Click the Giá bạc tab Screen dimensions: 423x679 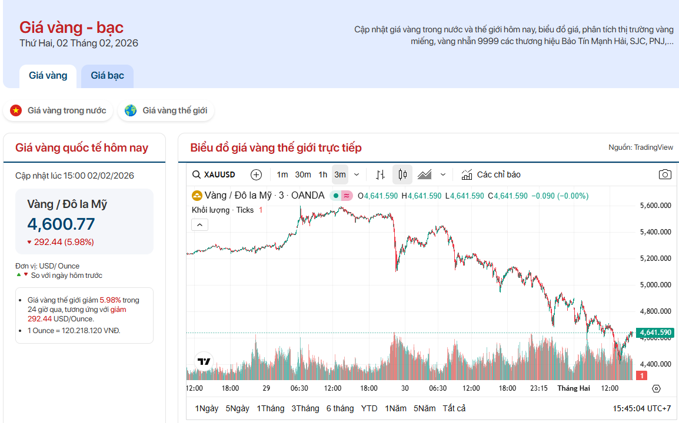pyautogui.click(x=107, y=76)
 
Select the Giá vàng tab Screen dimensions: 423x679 pyautogui.click(x=48, y=76)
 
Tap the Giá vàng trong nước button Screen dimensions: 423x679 pyautogui.click(x=58, y=110)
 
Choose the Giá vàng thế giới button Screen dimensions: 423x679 pyautogui.click(x=166, y=110)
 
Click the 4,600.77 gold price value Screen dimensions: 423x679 pyautogui.click(x=61, y=224)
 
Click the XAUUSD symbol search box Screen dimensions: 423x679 pyautogui.click(x=214, y=174)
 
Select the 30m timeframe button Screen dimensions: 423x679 pyautogui.click(x=303, y=174)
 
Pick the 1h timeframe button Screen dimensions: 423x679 pyautogui.click(x=323, y=174)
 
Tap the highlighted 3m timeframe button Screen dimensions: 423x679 pyautogui.click(x=340, y=174)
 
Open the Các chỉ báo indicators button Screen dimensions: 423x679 pyautogui.click(x=491, y=174)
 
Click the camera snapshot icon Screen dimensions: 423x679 pyautogui.click(x=665, y=174)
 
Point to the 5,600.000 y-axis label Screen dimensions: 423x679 pyautogui.click(x=655, y=206)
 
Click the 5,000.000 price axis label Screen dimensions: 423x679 pyautogui.click(x=655, y=285)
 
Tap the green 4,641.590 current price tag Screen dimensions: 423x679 pyautogui.click(x=655, y=333)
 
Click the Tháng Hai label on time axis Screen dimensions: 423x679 pyautogui.click(x=574, y=388)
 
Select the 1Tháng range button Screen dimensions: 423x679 pyautogui.click(x=270, y=408)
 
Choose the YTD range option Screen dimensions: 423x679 pyautogui.click(x=370, y=408)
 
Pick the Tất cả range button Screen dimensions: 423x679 pyautogui.click(x=454, y=408)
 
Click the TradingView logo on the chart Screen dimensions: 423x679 pyautogui.click(x=204, y=361)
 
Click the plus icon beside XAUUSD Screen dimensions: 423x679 pyautogui.click(x=256, y=174)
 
